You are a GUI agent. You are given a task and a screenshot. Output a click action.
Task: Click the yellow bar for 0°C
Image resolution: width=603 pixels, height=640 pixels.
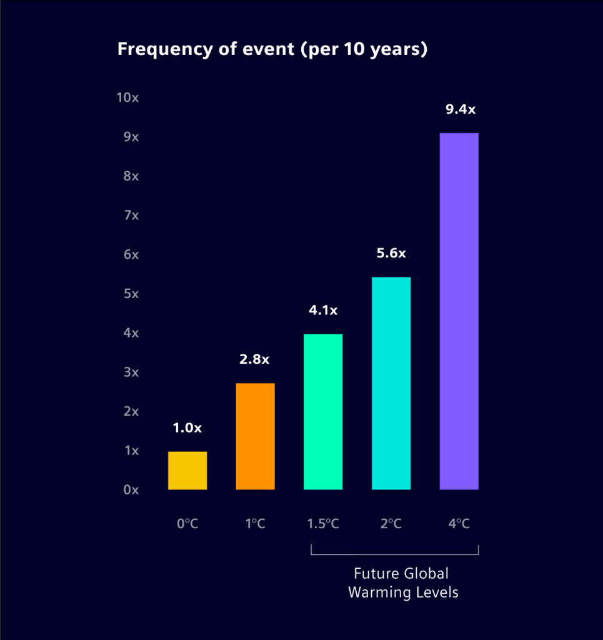point(187,470)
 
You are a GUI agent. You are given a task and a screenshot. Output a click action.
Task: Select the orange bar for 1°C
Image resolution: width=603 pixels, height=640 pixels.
point(255,436)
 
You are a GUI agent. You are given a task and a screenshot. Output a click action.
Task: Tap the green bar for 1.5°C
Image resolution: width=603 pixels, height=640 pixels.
point(323,411)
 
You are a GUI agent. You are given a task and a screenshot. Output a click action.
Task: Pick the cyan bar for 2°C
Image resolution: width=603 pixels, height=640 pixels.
point(391,382)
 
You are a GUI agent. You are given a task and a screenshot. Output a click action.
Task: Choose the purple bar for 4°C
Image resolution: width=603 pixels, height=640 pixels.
point(459,311)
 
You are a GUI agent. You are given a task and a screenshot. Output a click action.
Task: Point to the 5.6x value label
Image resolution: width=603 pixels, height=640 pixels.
point(391,253)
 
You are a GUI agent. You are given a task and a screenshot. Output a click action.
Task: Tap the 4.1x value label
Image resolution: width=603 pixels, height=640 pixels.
point(323,310)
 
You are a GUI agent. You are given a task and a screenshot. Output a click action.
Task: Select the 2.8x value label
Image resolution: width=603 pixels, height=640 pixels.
point(255,359)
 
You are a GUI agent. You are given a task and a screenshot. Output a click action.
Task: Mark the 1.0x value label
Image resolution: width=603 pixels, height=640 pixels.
point(187,428)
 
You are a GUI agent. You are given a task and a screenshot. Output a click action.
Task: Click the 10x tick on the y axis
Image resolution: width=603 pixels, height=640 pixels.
point(127,97)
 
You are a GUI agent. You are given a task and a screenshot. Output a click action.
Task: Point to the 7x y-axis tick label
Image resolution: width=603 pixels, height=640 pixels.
point(131,215)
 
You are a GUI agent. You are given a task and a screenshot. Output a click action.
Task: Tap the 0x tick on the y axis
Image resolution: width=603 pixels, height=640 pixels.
point(131,490)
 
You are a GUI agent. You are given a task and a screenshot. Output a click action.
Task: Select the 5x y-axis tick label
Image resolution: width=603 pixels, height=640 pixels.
point(131,294)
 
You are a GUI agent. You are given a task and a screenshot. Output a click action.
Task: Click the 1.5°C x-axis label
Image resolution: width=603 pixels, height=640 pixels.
point(323,524)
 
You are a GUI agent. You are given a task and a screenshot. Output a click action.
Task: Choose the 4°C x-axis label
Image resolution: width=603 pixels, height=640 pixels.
point(459,524)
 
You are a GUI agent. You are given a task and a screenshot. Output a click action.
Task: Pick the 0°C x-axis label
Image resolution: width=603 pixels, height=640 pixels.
point(187,524)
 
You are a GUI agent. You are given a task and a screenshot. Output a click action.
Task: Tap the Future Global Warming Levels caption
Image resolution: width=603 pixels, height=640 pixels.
point(402,582)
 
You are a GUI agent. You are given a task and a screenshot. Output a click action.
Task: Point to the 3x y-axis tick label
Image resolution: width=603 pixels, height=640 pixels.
point(131,372)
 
